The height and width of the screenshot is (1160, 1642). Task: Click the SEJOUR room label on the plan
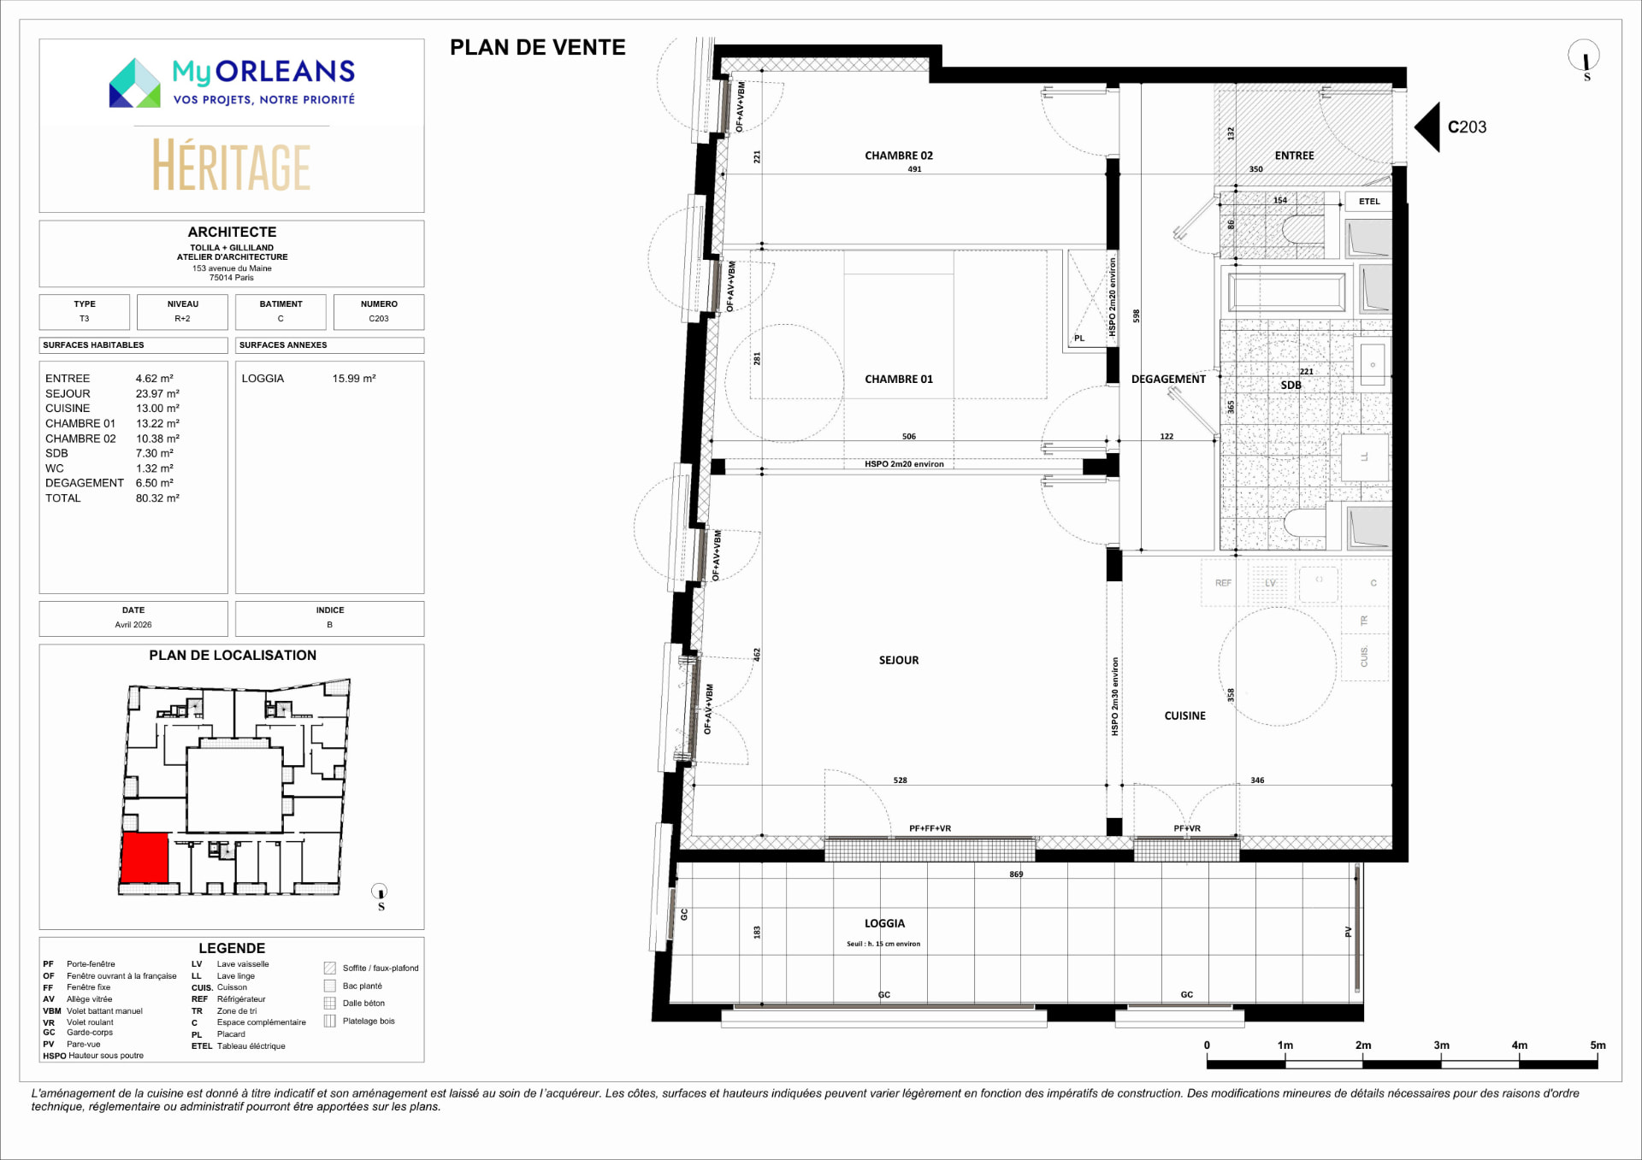click(x=899, y=660)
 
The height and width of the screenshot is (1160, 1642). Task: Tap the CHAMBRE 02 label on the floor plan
click(x=899, y=156)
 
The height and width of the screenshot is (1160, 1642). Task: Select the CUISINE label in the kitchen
click(x=1184, y=715)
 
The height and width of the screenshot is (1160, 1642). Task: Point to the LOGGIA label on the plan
click(x=884, y=923)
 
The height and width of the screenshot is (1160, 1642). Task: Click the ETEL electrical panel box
click(x=1369, y=202)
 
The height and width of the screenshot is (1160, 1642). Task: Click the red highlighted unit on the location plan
click(x=145, y=857)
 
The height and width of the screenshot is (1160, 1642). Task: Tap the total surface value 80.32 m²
click(x=157, y=498)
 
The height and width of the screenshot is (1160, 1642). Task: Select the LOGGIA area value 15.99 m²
click(x=354, y=378)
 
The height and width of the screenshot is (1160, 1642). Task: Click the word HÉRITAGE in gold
click(x=231, y=166)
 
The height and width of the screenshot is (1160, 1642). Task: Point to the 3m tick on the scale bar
click(x=1441, y=1059)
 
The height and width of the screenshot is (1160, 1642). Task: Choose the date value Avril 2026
click(x=133, y=625)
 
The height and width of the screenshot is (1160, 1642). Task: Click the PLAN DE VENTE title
click(x=538, y=48)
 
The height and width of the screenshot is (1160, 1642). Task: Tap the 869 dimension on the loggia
click(x=1016, y=874)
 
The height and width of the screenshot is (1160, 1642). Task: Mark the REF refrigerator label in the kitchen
click(x=1223, y=583)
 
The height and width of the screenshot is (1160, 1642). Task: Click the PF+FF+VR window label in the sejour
click(x=930, y=828)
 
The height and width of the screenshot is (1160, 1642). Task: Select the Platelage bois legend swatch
click(x=330, y=1021)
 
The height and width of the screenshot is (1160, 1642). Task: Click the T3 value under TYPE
click(x=84, y=319)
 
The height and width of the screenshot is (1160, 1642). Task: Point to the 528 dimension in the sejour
click(x=900, y=780)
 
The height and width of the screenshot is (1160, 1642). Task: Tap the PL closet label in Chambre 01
click(x=1079, y=339)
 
